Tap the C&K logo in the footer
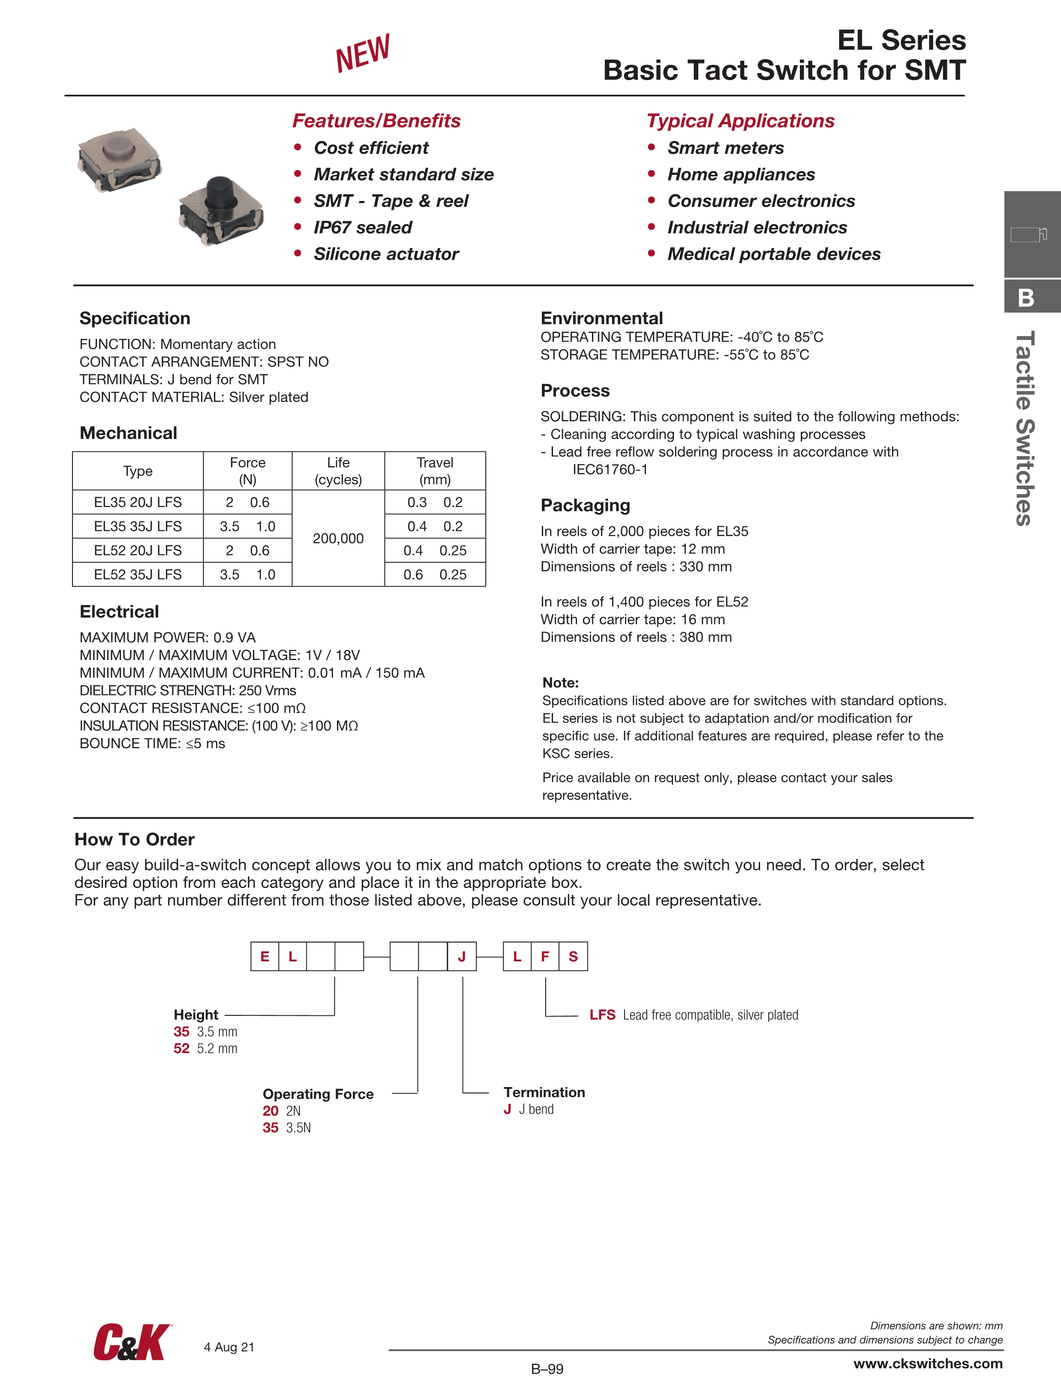tap(132, 1342)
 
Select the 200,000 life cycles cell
tap(338, 538)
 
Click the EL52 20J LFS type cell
tap(138, 550)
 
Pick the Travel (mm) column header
tap(435, 471)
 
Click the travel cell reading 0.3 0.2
tap(435, 502)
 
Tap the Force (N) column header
tap(247, 471)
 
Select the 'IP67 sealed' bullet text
tap(362, 228)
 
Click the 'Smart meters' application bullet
tap(725, 148)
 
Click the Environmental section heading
tap(601, 318)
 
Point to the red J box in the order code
tap(462, 956)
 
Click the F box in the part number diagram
tap(544, 956)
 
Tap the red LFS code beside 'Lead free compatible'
tap(602, 1014)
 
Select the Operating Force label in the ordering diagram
tap(318, 1094)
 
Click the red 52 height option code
tap(181, 1048)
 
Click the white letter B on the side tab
tap(1025, 298)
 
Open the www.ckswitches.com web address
tap(928, 1363)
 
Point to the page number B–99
tap(547, 1369)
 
